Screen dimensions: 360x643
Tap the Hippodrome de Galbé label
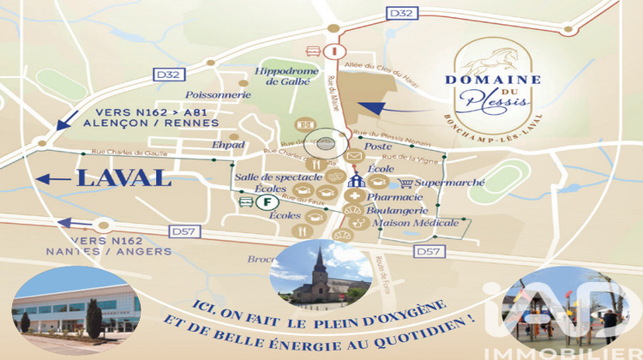coord(283,76)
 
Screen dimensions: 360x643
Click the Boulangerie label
coord(399,210)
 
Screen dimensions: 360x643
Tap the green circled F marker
coord(267,202)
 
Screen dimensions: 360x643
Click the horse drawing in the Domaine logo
coord(492,60)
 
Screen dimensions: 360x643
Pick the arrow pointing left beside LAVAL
coord(54,179)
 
